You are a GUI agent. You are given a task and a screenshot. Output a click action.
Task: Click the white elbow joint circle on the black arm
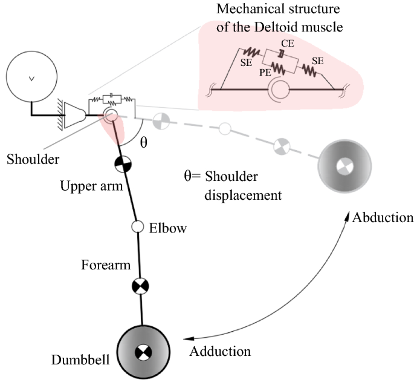coord(137,227)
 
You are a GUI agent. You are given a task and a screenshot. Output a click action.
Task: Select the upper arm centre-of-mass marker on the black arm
coord(123,163)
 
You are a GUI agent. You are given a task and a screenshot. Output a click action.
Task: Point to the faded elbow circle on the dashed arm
coord(225,128)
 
